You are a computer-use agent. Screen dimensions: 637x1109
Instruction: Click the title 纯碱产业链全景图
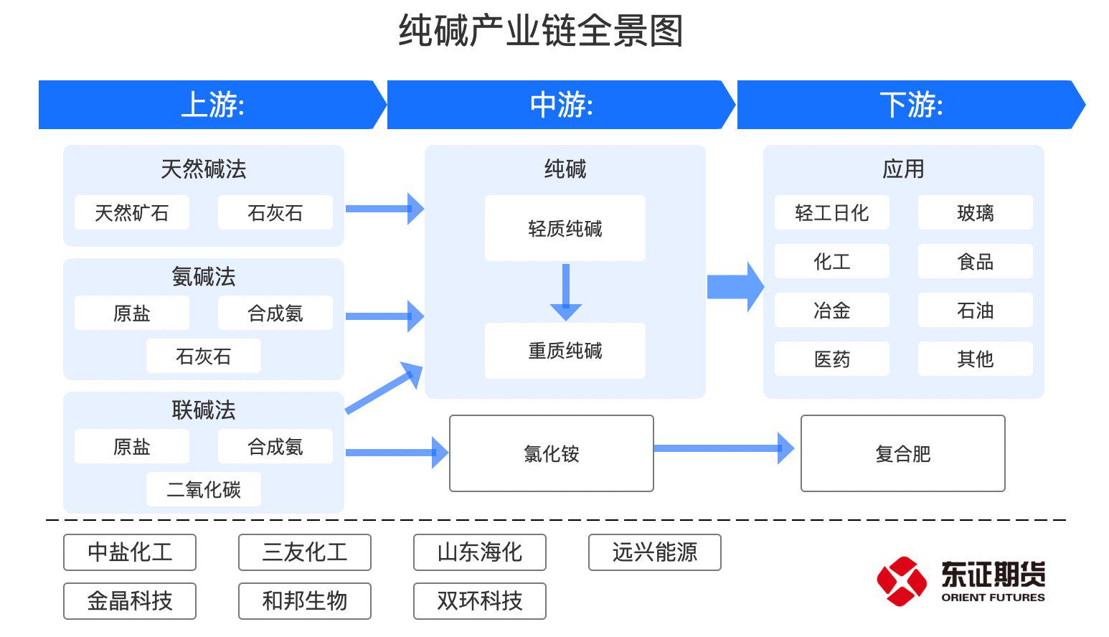pos(540,32)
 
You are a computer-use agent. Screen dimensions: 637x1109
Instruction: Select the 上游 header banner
pos(212,105)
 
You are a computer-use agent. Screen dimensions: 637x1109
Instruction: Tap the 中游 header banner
pos(560,105)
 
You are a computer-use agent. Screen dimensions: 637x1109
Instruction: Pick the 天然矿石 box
pos(132,213)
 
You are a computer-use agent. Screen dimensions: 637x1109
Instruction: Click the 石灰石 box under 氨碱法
pos(204,357)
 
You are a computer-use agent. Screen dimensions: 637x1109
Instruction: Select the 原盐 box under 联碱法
pos(132,447)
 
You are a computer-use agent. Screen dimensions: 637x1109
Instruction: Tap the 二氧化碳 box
pos(204,490)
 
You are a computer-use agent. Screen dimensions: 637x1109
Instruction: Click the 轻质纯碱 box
pos(565,229)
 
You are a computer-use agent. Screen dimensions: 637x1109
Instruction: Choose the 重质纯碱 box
pos(565,351)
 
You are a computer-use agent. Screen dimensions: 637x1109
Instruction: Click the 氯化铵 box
pos(551,453)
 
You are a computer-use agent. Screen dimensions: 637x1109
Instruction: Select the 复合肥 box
pos(902,453)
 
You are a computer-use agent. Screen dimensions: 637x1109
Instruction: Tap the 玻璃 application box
pos(975,213)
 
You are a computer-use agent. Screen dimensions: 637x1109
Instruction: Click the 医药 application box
pos(831,359)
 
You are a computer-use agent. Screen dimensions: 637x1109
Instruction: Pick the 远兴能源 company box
pos(654,552)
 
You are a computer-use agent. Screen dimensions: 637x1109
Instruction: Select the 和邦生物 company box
pos(304,601)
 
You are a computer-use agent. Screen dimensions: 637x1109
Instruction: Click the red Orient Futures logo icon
pos(901,580)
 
